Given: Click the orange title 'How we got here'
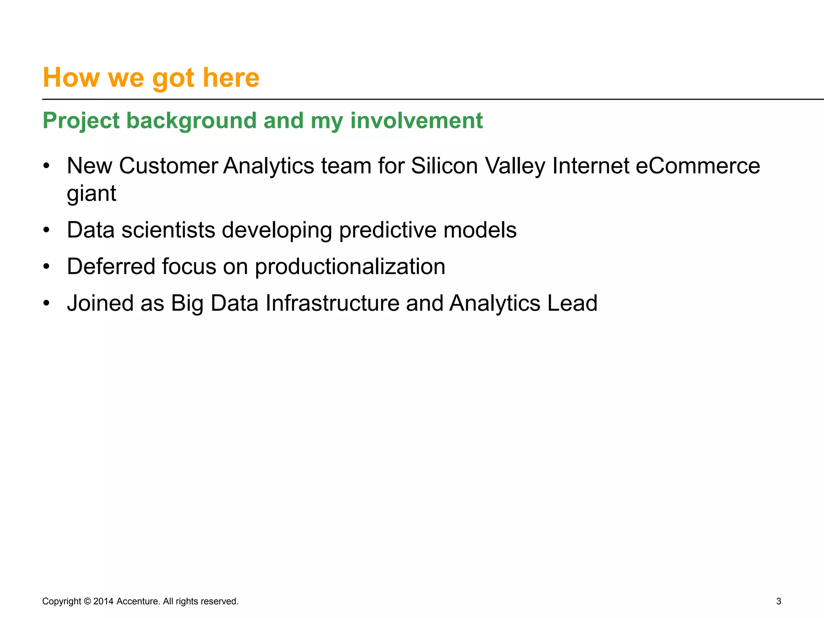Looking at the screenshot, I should pyautogui.click(x=151, y=77).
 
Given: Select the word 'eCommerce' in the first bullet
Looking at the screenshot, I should pyautogui.click(x=697, y=166).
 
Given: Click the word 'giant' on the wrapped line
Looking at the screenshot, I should pyautogui.click(x=91, y=194).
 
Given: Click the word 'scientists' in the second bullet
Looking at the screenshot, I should pyautogui.click(x=168, y=230).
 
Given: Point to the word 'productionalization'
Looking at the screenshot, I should pyautogui.click(x=350, y=267).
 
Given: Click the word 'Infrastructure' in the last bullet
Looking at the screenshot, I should pyautogui.click(x=332, y=303).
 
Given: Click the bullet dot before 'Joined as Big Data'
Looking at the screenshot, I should pyautogui.click(x=47, y=303).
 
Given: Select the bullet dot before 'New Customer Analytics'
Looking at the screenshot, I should pyautogui.click(x=47, y=166).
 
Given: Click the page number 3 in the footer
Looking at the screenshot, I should pyautogui.click(x=779, y=601).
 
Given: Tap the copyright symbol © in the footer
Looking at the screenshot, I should pyautogui.click(x=87, y=601).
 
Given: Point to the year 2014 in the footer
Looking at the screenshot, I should pyautogui.click(x=103, y=601).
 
